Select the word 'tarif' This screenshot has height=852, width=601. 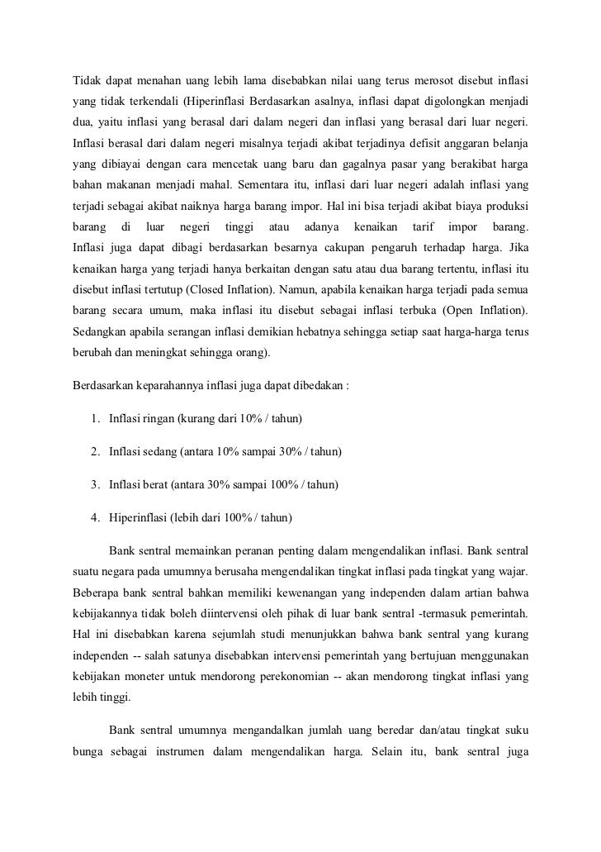coord(422,226)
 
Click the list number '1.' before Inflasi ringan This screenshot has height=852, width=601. coord(97,420)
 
